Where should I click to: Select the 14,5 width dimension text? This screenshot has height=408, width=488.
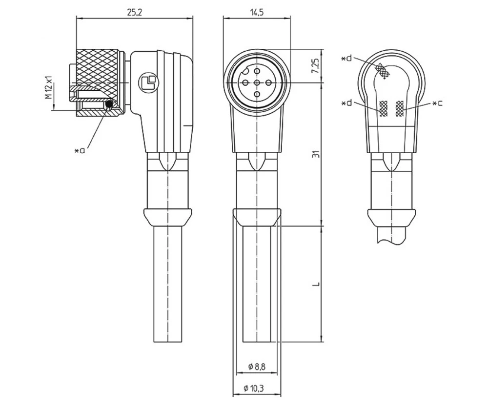(257, 12)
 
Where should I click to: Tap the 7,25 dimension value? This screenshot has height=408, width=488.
(316, 65)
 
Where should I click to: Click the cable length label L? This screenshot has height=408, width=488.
(316, 284)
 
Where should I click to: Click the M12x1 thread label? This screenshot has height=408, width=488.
(49, 87)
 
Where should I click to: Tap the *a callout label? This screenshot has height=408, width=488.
(79, 150)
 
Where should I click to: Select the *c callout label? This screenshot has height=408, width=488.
(437, 103)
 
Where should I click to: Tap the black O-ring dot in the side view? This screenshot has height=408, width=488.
(109, 104)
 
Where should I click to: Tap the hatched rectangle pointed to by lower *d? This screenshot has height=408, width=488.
(384, 108)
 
